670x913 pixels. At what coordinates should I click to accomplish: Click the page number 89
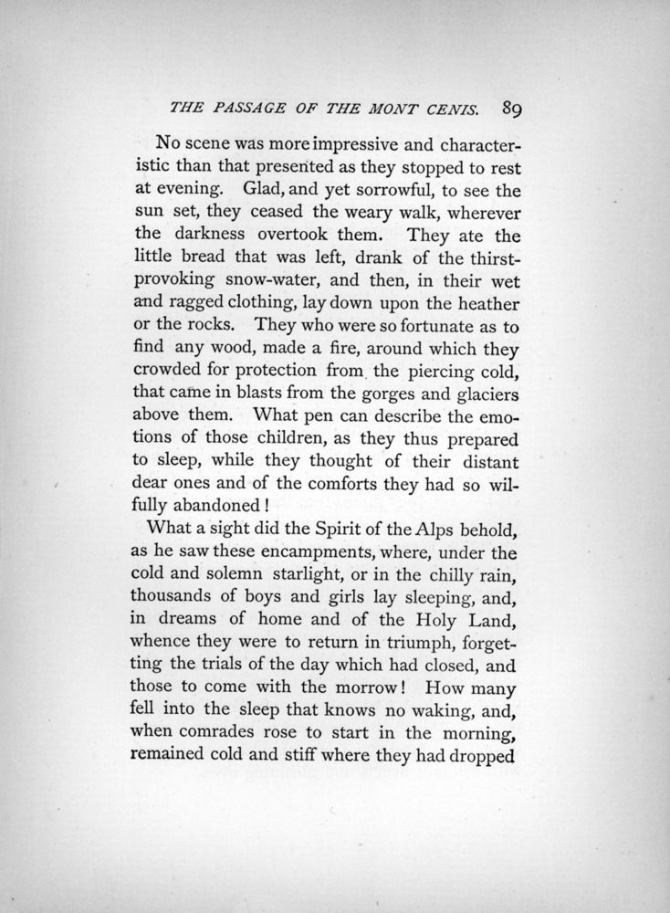tap(510, 108)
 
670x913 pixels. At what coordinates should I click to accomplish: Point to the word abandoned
tap(243, 503)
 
